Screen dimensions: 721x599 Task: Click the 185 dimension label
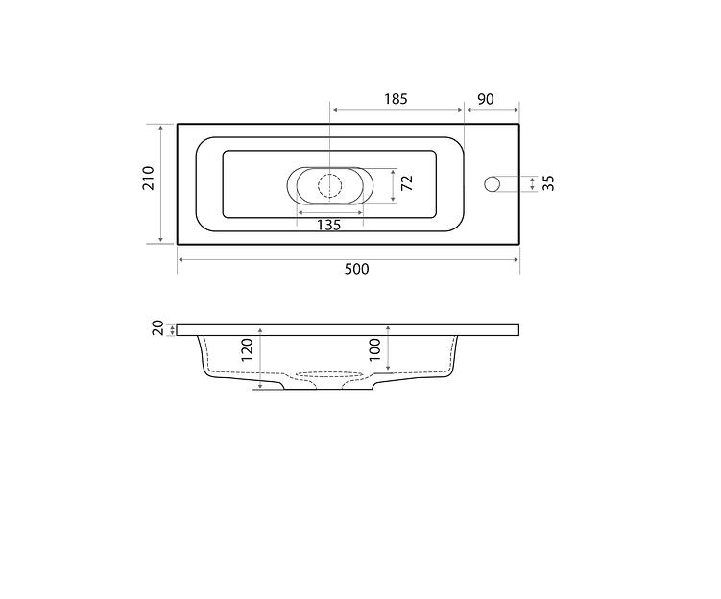[x=396, y=99]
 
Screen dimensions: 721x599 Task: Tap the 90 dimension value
[x=486, y=99]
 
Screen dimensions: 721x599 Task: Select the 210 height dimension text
[x=149, y=178]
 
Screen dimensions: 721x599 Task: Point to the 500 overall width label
[x=357, y=269]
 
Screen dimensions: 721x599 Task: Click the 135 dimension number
[x=329, y=225]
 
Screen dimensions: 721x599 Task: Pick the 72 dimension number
[x=407, y=183]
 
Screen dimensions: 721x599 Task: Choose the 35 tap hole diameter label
[x=548, y=183]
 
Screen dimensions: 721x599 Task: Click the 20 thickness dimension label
[x=158, y=328]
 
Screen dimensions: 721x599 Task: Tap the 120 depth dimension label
[x=248, y=350]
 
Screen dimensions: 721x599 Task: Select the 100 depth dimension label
[x=375, y=350]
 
